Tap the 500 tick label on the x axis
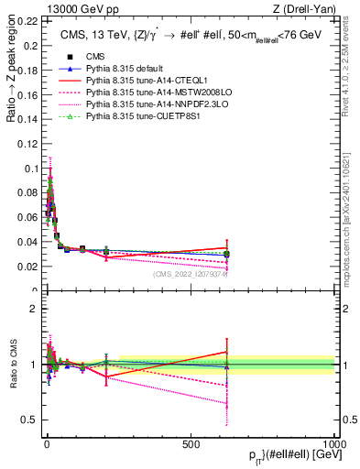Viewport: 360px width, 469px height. pyautogui.click(x=191, y=444)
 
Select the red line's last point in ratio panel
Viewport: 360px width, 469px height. pyautogui.click(x=226, y=353)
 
